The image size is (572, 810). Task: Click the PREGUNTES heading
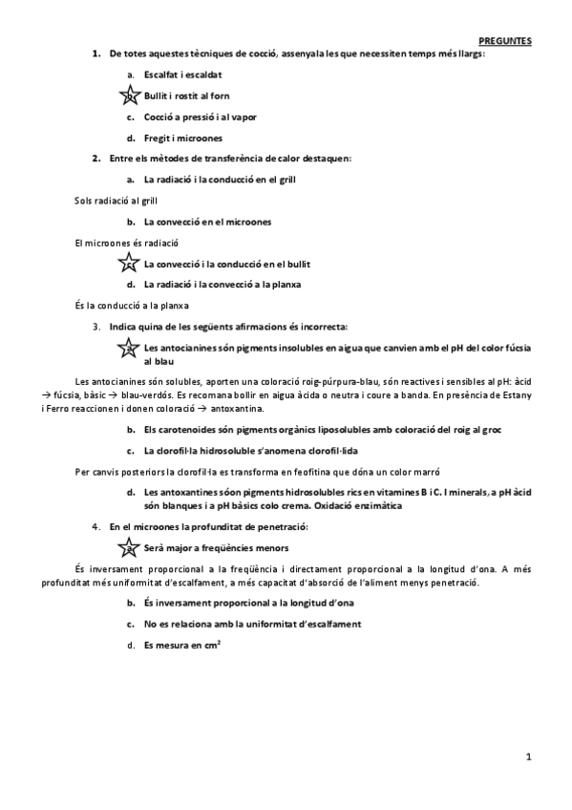click(505, 40)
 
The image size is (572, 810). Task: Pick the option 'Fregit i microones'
click(182, 138)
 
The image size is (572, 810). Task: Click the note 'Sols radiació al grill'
click(116, 201)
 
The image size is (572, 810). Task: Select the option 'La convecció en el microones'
click(207, 222)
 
